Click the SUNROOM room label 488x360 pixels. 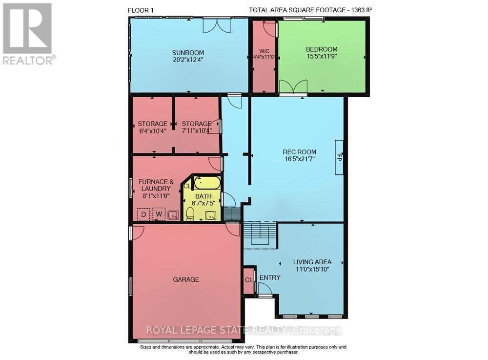tap(188, 53)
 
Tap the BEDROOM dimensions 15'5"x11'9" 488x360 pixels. tap(322, 56)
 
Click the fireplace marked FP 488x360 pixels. tap(339, 157)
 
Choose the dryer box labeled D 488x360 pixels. tap(143, 214)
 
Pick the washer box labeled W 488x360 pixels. tap(159, 214)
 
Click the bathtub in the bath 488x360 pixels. tap(207, 183)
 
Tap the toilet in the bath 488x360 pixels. tap(190, 213)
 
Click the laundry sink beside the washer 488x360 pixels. tap(173, 214)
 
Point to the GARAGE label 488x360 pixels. tap(186, 279)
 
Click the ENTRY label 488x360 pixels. tap(270, 277)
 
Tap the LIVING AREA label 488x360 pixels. tap(312, 262)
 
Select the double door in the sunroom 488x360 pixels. tap(217, 26)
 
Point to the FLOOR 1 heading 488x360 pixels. tap(142, 10)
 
